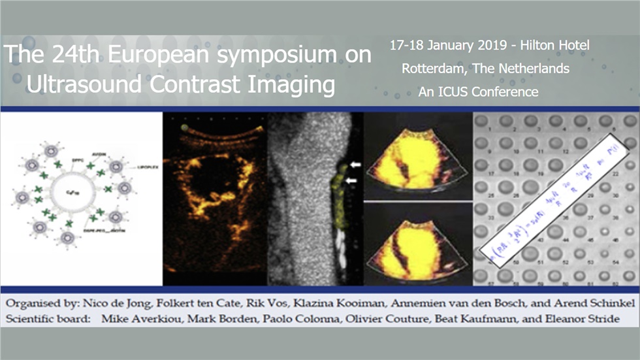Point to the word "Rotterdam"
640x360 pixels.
[432, 68]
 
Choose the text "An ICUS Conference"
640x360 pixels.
[478, 91]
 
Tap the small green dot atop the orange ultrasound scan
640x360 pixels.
[185, 127]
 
